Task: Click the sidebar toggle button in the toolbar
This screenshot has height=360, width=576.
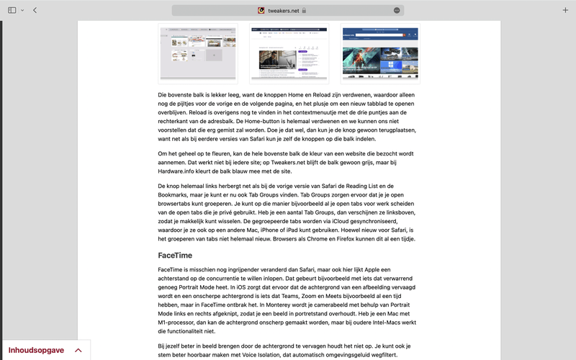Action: point(12,10)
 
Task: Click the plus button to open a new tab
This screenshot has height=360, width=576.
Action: point(565,10)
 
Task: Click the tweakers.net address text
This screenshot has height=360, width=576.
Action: point(284,10)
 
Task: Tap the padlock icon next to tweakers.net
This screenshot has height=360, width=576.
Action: point(305,10)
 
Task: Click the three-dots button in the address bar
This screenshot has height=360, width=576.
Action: point(397,10)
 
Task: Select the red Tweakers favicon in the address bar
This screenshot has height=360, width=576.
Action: point(261,10)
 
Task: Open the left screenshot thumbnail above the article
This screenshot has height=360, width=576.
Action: point(198,53)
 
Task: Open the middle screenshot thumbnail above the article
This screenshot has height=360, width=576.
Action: point(289,53)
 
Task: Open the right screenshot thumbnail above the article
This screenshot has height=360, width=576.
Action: point(379,53)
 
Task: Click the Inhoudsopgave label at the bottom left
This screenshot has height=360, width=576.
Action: point(36,350)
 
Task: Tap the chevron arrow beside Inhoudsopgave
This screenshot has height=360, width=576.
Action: point(78,350)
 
